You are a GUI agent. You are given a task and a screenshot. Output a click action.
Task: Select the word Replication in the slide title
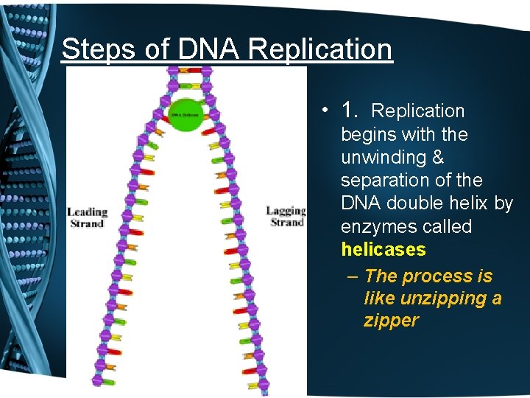320,49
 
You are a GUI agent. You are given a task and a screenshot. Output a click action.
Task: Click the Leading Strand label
88,217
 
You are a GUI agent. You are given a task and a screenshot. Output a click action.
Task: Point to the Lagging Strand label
286,217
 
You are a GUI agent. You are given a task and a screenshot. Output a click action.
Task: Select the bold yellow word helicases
384,249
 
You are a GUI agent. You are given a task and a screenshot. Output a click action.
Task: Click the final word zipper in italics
391,321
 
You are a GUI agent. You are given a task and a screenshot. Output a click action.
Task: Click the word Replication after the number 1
417,111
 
